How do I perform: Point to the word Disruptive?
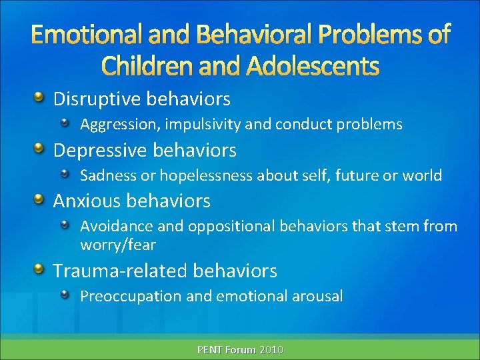point(92,99)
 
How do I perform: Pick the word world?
point(423,175)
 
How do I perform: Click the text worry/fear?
point(118,245)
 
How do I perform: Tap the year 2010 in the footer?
point(271,349)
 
